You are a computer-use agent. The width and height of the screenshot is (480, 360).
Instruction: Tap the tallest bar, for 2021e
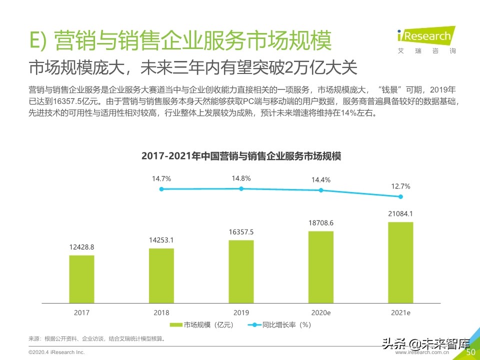point(400,262)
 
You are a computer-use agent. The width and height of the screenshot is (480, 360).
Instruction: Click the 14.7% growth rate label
point(161,178)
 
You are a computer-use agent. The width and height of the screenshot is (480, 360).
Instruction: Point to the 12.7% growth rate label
point(400,186)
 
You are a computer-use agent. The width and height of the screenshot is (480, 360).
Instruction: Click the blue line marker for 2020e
point(321,190)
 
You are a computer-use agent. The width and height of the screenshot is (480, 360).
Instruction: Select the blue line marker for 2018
point(161,189)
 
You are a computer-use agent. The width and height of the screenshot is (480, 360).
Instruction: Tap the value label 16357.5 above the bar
point(241,232)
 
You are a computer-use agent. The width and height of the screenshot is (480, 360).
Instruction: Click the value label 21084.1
point(400,214)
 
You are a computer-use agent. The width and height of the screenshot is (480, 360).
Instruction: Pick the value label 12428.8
point(81,247)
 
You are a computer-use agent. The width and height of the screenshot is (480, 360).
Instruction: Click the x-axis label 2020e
point(321,312)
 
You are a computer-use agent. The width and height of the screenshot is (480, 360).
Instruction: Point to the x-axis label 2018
point(161,312)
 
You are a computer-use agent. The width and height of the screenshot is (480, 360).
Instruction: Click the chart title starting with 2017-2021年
point(241,156)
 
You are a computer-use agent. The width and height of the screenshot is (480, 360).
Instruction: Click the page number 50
point(470,352)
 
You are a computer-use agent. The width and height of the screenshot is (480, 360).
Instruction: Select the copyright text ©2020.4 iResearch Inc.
point(56,353)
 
